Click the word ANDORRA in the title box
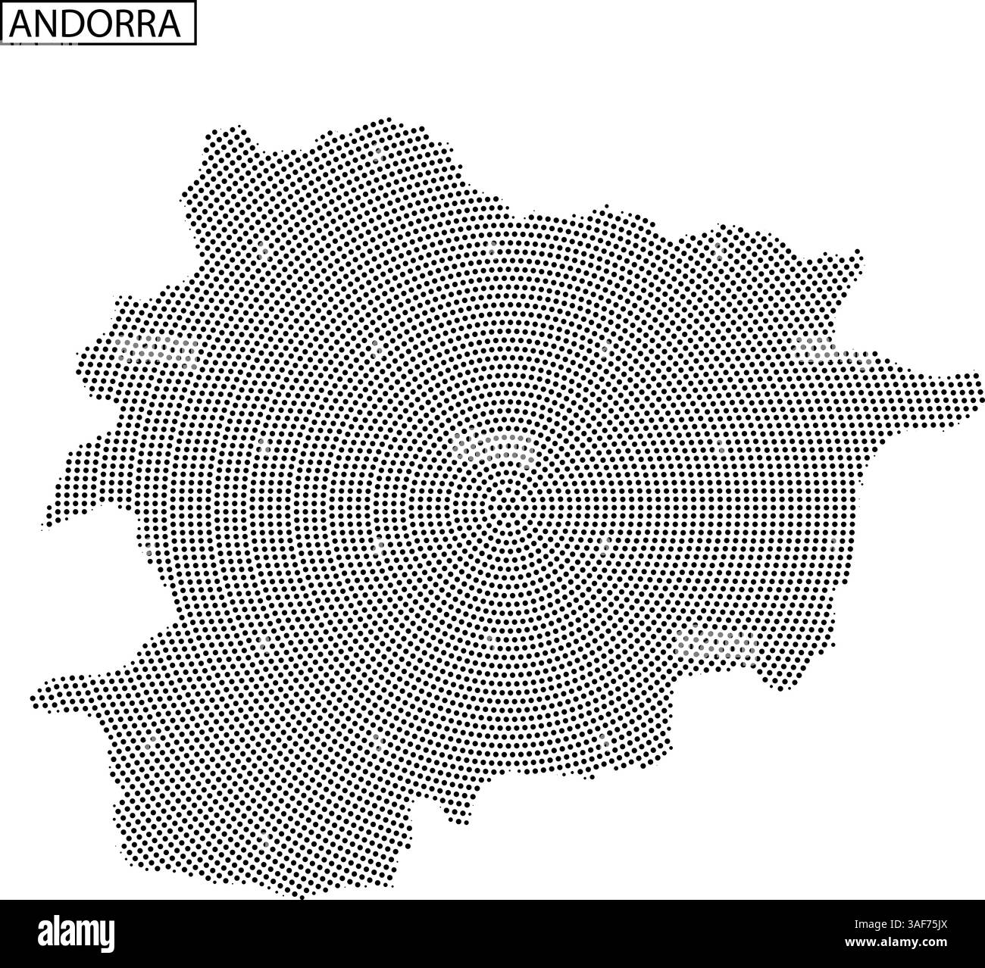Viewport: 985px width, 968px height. coord(97,24)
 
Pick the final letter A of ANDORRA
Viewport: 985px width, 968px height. coord(170,24)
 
